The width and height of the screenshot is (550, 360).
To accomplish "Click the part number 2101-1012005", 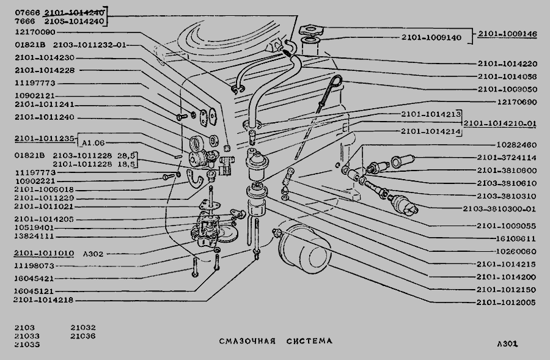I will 504,302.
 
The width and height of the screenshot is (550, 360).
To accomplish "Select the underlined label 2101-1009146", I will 507,34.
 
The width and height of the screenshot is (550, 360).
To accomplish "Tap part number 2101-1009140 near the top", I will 431,38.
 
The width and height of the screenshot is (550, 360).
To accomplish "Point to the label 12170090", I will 35,32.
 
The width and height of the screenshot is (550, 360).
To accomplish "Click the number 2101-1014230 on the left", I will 44,57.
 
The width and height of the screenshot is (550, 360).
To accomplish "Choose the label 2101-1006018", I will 44,189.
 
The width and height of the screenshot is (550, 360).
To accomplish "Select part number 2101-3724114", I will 507,157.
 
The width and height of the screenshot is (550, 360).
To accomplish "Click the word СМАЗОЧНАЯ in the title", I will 248,341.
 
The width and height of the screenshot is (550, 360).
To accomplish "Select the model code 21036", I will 82,336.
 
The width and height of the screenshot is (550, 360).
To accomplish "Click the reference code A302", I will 90,253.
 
